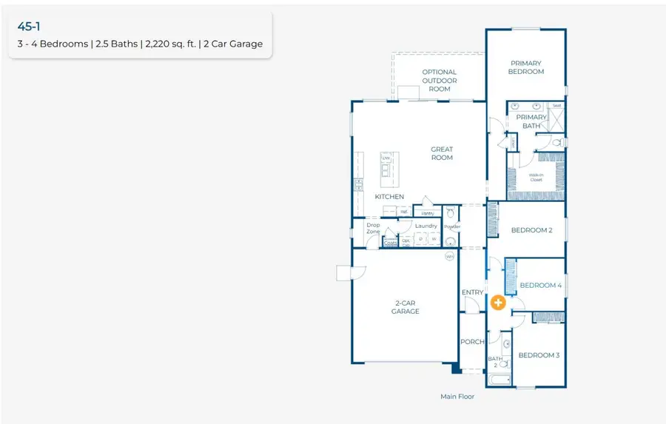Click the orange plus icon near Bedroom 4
pos(499,303)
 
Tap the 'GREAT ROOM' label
pos(442,153)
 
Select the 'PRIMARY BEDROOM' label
pos(526,67)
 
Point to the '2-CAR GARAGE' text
pos(406,307)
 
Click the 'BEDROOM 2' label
pos(532,230)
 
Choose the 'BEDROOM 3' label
pos(539,355)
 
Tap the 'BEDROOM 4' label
pos(541,285)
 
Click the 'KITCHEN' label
pos(389,197)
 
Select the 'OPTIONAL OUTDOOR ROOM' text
pos(440,81)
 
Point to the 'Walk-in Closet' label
pos(536,178)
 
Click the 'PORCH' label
pos(472,342)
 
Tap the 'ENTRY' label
pos(472,292)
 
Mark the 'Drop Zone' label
pos(373,228)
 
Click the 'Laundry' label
pos(425,226)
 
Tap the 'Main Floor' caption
pos(457,397)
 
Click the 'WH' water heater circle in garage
pos(449,257)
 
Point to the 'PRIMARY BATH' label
pos(531,121)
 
